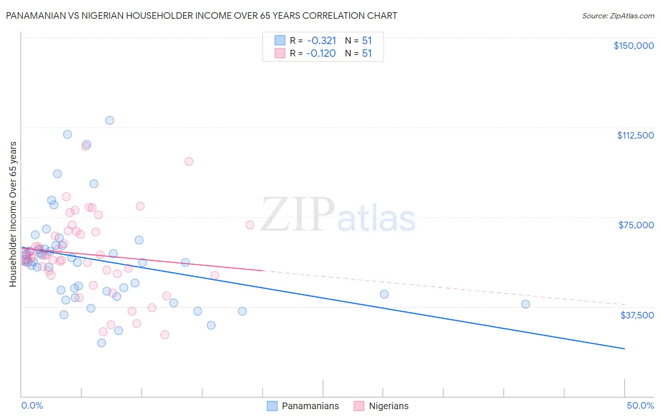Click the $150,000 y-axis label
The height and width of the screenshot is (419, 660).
click(x=633, y=46)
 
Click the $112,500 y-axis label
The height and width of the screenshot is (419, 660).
click(x=635, y=135)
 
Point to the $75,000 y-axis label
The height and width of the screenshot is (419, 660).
click(x=636, y=225)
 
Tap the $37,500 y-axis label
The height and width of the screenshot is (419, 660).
click(x=637, y=315)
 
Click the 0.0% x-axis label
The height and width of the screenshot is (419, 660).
click(x=32, y=405)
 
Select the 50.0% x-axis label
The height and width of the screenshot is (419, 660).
click(x=640, y=405)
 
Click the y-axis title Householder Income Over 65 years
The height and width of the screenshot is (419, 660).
click(x=13, y=214)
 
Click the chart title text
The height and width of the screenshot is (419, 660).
click(x=201, y=16)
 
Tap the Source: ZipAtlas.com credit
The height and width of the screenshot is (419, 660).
click(x=618, y=16)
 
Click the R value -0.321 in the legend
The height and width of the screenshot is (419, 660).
click(x=322, y=41)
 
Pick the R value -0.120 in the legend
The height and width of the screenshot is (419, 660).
click(x=321, y=54)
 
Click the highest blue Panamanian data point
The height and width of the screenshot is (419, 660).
click(x=109, y=120)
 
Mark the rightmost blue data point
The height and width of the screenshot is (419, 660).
click(x=526, y=304)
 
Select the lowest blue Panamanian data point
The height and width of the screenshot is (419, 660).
click(x=101, y=343)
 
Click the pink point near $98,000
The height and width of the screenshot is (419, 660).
click(x=189, y=162)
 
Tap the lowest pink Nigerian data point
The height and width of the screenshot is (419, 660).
click(x=165, y=334)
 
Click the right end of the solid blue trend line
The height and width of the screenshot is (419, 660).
click(x=624, y=349)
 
